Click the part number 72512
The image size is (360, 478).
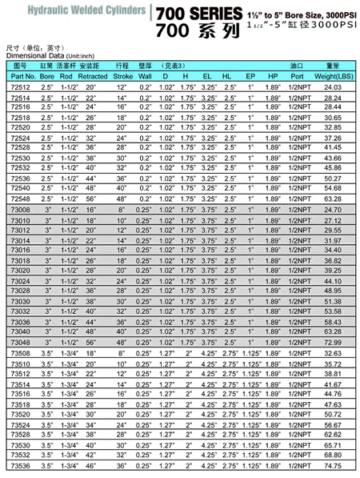point(20,86)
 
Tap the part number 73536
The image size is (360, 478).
point(20,465)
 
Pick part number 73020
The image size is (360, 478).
point(20,270)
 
